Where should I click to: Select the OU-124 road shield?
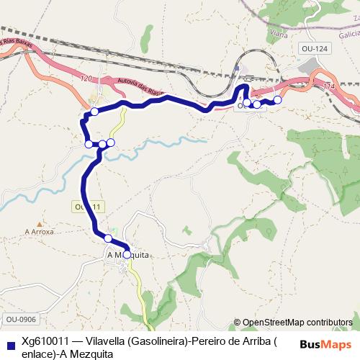click(x=308, y=48)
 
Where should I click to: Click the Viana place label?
click(x=276, y=32)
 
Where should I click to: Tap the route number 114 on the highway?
click(x=329, y=86)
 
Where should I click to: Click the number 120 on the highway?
click(x=87, y=76)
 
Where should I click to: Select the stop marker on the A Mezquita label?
click(x=127, y=254)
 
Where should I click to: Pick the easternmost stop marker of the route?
click(x=277, y=99)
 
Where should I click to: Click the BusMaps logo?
click(x=325, y=344)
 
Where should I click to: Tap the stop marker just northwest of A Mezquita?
click(x=108, y=238)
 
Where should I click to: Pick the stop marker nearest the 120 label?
click(x=94, y=112)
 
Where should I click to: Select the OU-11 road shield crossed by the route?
click(x=89, y=207)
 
